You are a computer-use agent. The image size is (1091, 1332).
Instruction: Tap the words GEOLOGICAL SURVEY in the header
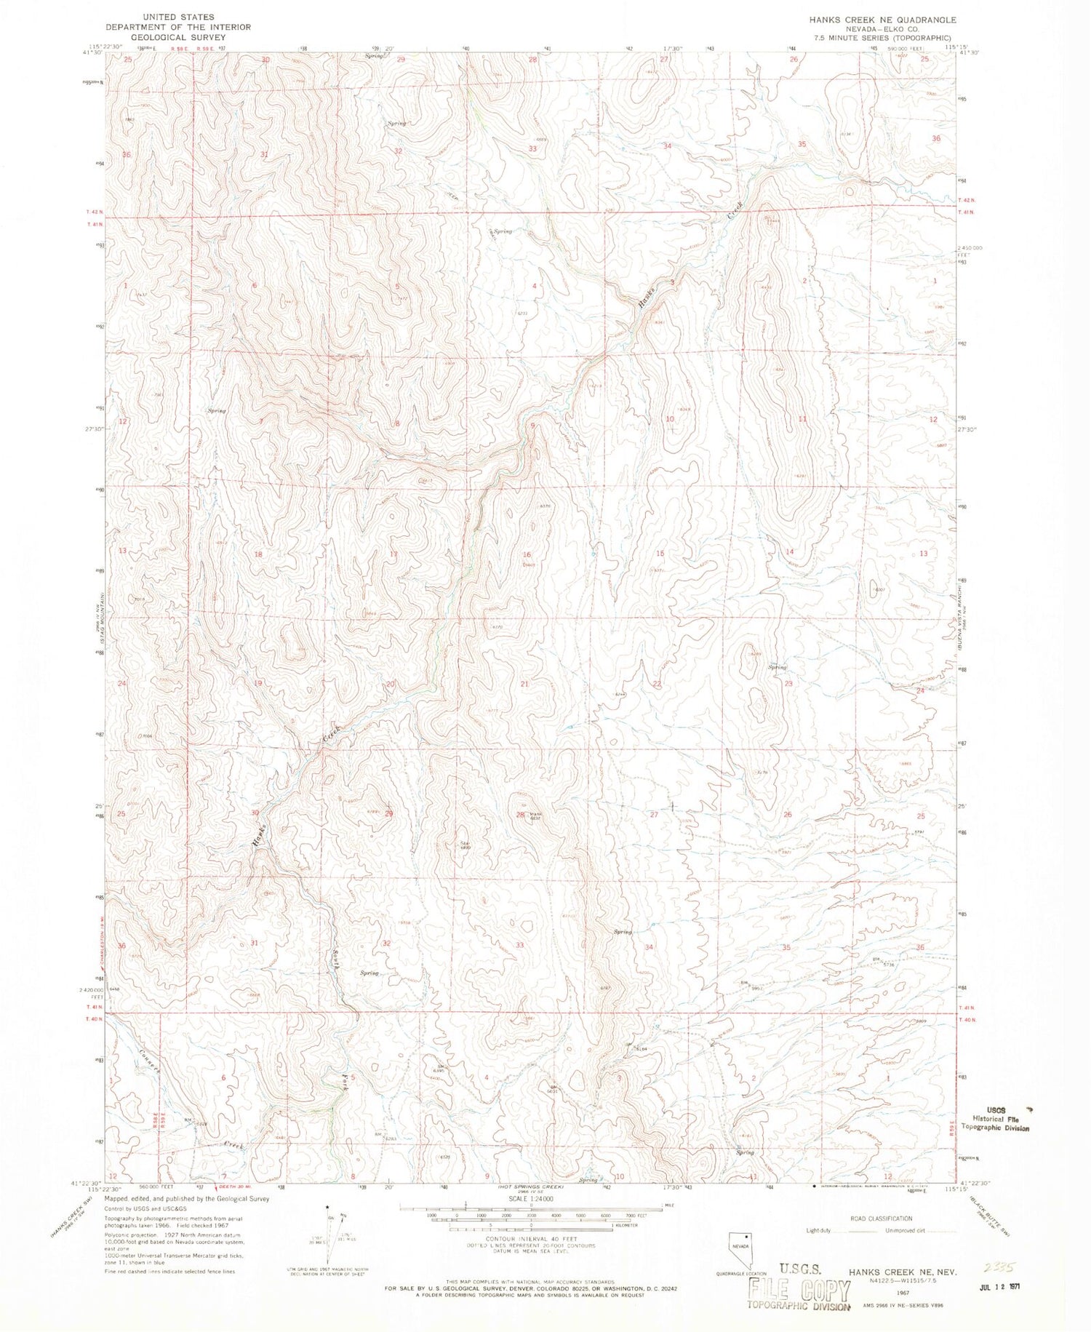178,37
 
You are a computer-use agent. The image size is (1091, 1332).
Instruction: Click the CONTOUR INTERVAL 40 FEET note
532,1238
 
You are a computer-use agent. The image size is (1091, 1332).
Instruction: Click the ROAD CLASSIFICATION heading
881,1219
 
